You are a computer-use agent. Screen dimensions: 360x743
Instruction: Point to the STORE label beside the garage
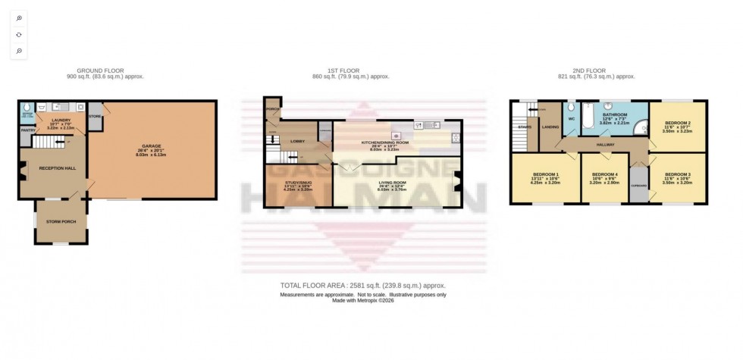[95, 117]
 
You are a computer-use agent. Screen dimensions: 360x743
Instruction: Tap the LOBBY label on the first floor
[297, 141]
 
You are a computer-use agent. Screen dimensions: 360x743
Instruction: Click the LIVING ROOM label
[393, 183]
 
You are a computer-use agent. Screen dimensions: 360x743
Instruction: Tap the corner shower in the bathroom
[638, 125]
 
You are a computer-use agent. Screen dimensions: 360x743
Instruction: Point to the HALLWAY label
[604, 144]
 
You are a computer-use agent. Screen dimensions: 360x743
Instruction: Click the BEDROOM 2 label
[677, 123]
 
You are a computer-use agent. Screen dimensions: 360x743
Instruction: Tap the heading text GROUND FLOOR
[105, 70]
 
